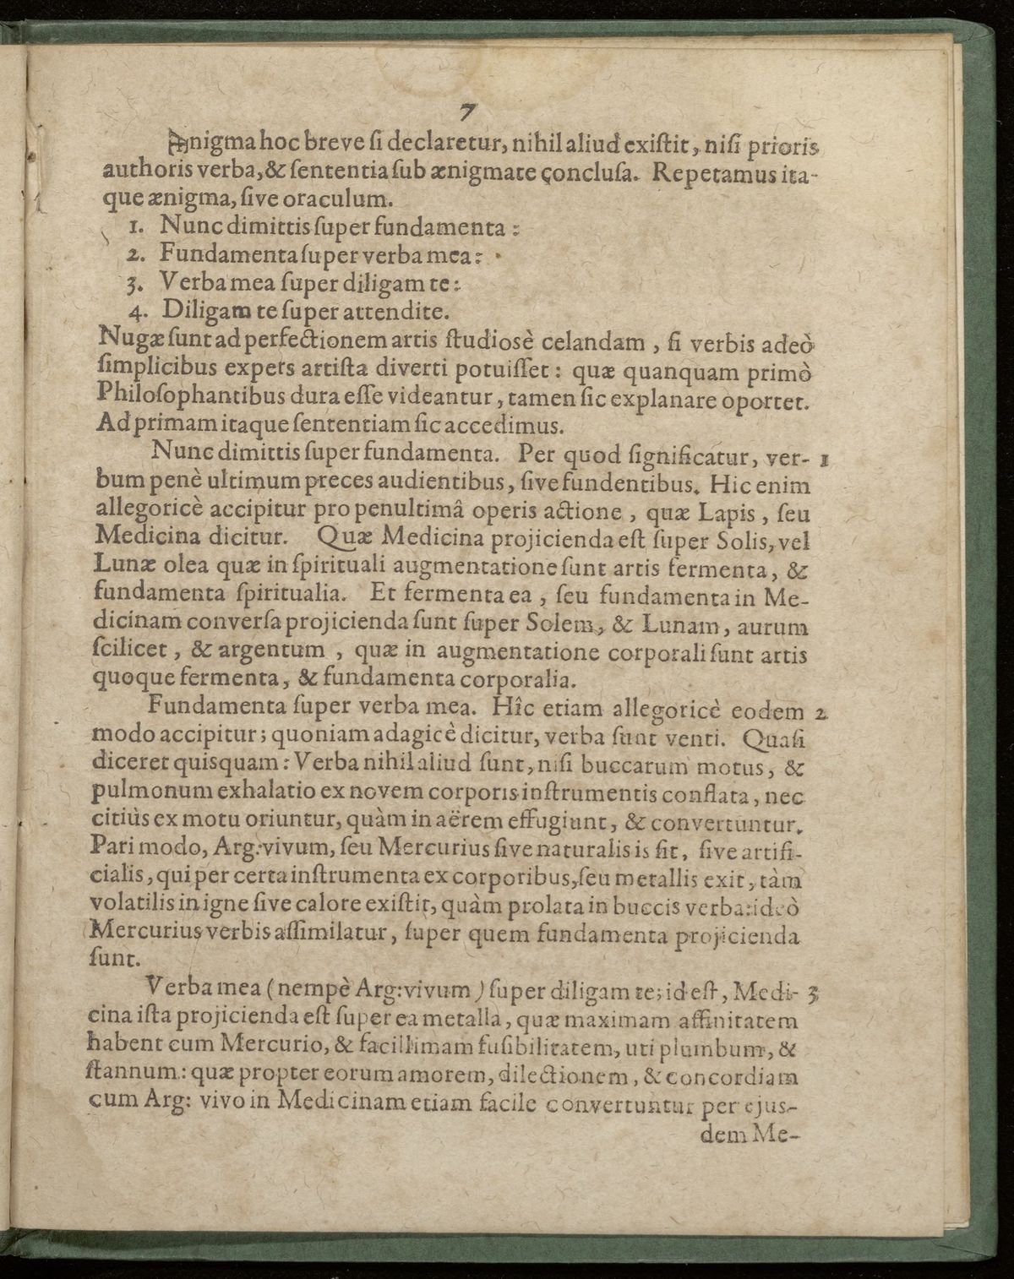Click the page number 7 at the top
point(466,112)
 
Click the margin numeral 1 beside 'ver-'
point(823,462)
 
